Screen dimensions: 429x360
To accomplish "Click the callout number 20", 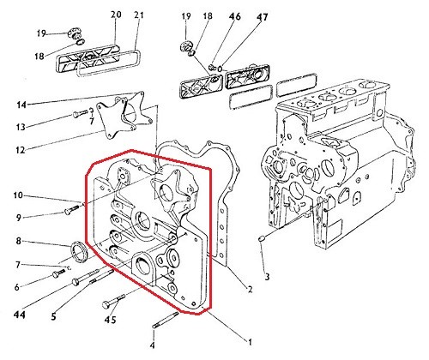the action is pos(116,15).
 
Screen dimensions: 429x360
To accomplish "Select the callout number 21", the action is pos(139,15).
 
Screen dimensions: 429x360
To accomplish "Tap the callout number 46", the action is pos(235,16).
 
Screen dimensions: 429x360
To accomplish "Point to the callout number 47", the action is pos(263,17).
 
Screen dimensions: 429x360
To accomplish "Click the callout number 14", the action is pos(21,105).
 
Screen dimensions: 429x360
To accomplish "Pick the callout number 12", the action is pos(20,150).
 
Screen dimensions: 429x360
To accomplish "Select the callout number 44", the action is pos(20,315).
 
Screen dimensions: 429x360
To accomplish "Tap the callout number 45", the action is pos(111,320).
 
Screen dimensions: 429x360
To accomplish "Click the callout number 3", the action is pos(267,277).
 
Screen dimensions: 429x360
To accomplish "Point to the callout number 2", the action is pos(250,290).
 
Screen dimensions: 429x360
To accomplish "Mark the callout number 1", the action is pos(250,342).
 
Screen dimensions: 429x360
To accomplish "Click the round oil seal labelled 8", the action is pos(79,251).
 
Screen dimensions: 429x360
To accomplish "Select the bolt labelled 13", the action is pos(81,113).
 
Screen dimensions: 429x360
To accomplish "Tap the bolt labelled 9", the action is pos(73,209).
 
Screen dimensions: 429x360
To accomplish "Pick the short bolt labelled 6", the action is pos(58,273).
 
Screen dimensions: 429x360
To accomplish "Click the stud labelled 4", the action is pos(166,320).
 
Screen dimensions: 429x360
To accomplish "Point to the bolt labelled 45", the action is pos(113,301).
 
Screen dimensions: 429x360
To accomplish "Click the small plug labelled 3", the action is pos(262,238).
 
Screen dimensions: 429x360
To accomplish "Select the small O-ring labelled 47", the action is pos(221,69).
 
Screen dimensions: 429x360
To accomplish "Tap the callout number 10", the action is pos(18,195).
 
